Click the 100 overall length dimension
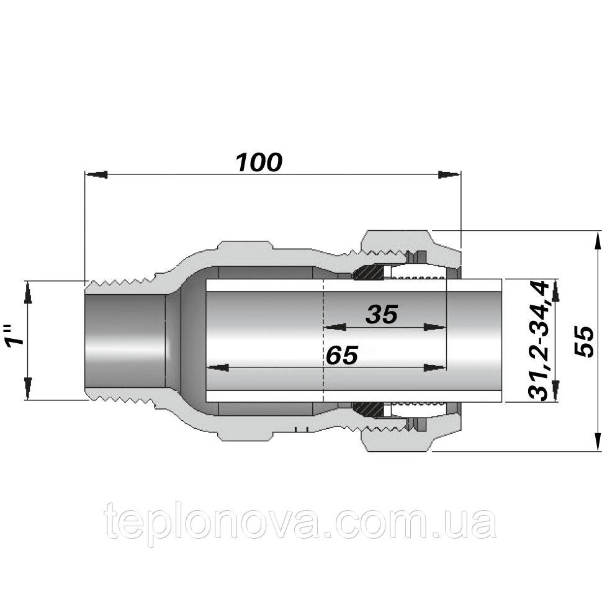(259, 162)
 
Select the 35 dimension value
(380, 315)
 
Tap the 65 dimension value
(341, 356)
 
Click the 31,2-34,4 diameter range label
(537, 340)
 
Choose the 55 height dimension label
(583, 340)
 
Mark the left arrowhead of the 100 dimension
(96, 174)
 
